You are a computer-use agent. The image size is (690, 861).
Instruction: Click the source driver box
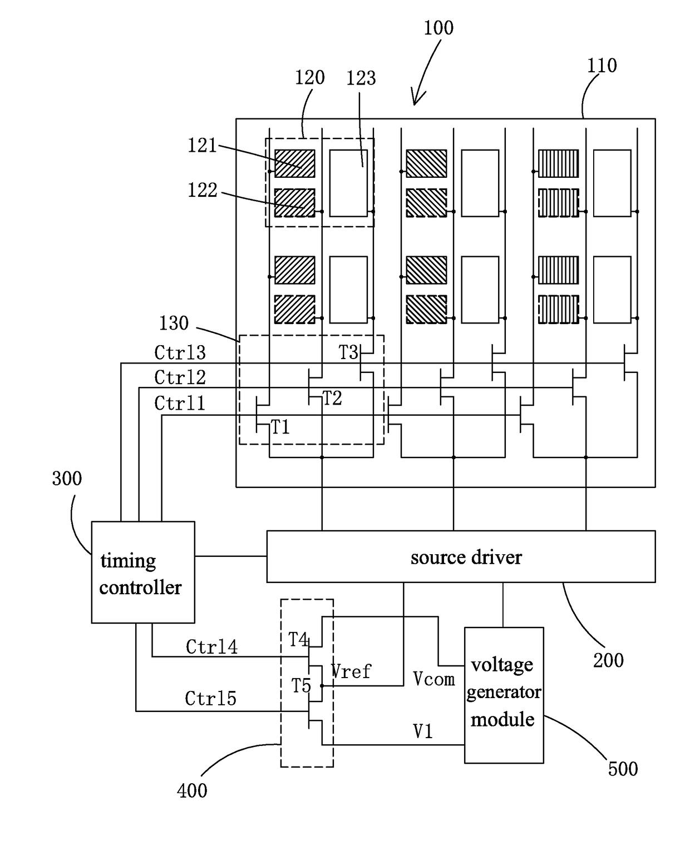(x=461, y=556)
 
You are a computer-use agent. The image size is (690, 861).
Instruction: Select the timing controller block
(x=143, y=572)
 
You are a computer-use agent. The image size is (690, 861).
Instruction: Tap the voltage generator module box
(x=504, y=695)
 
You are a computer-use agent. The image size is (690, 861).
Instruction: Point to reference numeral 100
(x=438, y=28)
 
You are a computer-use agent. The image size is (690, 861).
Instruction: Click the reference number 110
(x=602, y=66)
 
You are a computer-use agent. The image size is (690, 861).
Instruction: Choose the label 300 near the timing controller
(x=67, y=479)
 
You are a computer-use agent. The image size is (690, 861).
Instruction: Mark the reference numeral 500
(x=623, y=769)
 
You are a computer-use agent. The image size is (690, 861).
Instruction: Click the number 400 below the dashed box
(x=192, y=790)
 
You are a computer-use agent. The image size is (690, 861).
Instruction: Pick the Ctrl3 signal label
(x=180, y=352)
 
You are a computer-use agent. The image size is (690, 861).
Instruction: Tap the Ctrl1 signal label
(x=180, y=403)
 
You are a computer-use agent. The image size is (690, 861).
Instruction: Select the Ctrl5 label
(x=210, y=698)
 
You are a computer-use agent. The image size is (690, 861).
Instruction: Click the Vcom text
(x=434, y=679)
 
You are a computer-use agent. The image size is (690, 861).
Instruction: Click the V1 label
(x=423, y=732)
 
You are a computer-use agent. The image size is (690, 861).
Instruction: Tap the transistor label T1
(x=280, y=427)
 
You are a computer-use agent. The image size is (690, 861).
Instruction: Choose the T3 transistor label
(x=348, y=352)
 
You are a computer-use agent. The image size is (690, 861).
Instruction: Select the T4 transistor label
(x=298, y=640)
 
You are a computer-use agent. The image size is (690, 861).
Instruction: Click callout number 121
(x=202, y=145)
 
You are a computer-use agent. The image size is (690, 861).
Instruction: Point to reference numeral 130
(x=174, y=323)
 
